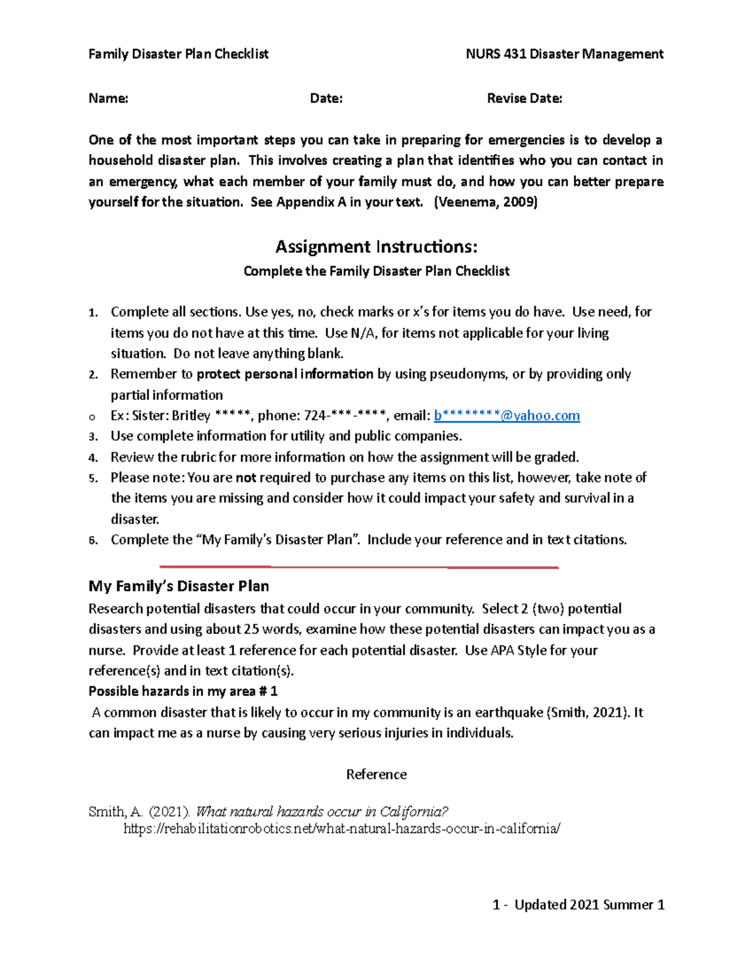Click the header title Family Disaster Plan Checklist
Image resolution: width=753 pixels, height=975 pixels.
click(178, 54)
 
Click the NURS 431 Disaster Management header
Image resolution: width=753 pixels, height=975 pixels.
click(564, 54)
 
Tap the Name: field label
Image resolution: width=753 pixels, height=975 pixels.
click(109, 99)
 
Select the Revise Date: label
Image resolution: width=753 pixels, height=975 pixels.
click(525, 99)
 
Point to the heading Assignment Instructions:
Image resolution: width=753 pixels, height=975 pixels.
click(376, 247)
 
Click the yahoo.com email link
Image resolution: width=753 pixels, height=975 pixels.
click(507, 416)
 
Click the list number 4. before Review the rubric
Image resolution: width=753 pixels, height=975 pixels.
click(93, 458)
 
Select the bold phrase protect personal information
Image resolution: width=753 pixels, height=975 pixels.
click(285, 374)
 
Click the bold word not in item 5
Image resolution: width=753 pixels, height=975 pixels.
click(245, 478)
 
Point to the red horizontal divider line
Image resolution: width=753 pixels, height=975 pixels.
click(359, 567)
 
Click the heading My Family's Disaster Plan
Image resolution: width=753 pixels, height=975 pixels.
click(179, 586)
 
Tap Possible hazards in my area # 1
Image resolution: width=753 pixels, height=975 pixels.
click(183, 691)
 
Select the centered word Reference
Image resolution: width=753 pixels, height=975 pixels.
click(376, 775)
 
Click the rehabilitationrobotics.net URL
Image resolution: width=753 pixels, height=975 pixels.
click(341, 829)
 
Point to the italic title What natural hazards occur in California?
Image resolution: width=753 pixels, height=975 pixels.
click(323, 812)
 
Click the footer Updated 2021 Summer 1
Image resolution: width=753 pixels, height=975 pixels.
click(589, 905)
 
